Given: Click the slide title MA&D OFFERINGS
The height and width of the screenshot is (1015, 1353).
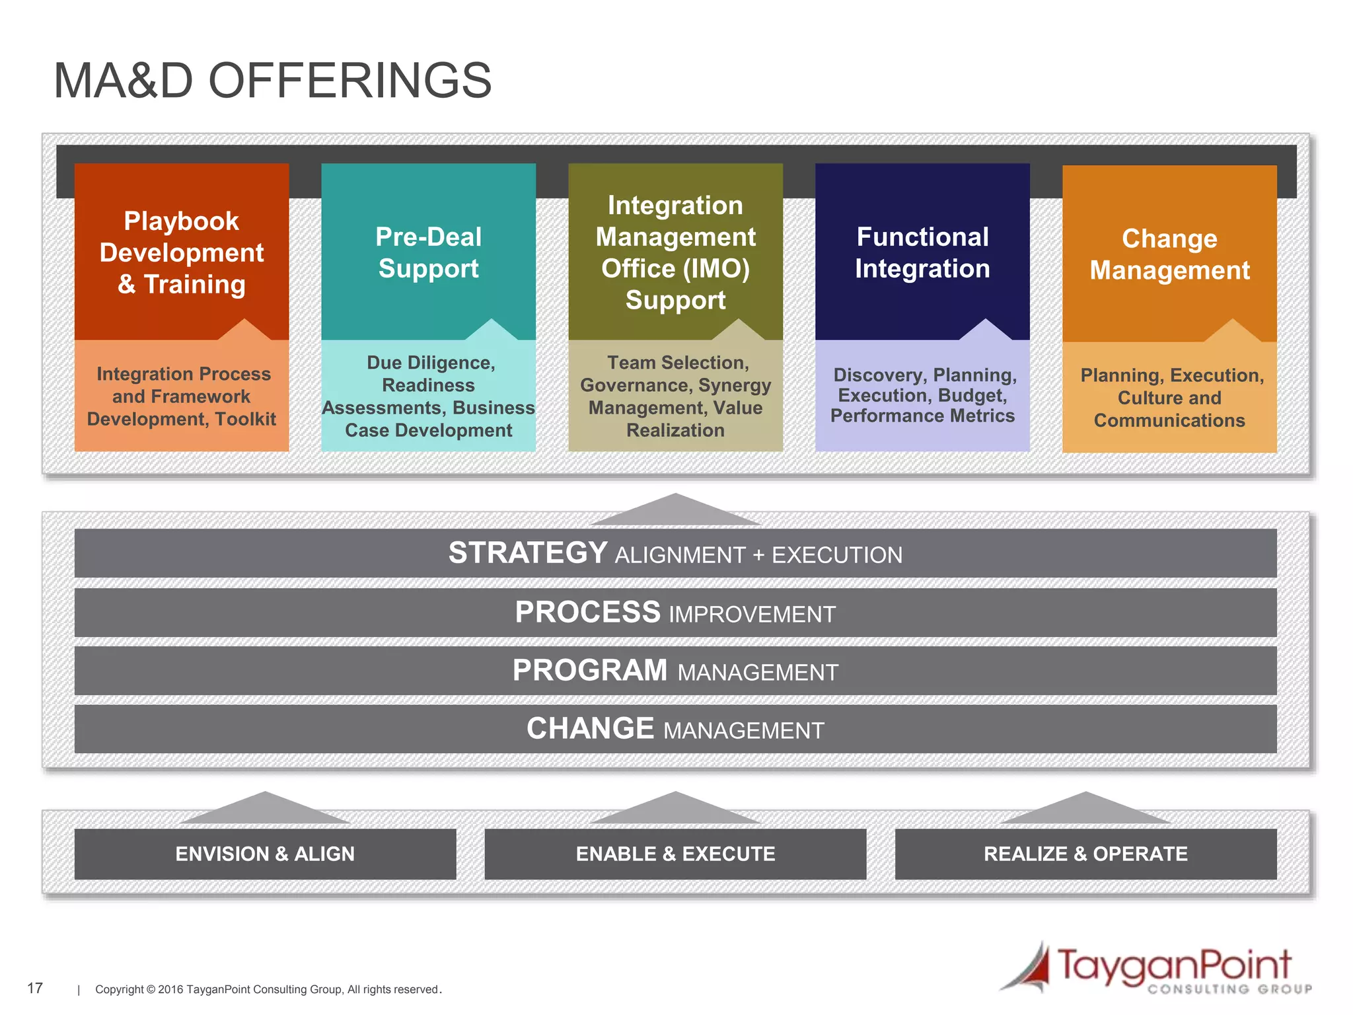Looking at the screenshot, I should [272, 81].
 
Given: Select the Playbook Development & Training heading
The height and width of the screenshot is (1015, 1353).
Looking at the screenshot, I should [182, 252].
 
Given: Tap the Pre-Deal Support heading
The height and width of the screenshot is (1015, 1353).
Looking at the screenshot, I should [428, 252].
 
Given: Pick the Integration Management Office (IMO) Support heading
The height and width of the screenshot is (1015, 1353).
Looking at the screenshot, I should [675, 252].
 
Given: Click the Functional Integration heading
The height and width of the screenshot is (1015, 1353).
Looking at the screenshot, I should [922, 252].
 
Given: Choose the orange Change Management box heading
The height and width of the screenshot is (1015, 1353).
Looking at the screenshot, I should [1169, 254].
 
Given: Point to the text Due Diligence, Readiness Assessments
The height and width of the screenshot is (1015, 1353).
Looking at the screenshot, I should [428, 396].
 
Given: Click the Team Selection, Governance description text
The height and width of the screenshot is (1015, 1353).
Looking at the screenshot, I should [675, 396].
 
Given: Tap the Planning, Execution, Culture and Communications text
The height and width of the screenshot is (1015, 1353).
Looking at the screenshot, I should [1169, 397].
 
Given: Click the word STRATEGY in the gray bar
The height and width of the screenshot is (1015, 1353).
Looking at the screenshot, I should [528, 553].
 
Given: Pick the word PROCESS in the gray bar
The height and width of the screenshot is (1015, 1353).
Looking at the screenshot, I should [587, 612].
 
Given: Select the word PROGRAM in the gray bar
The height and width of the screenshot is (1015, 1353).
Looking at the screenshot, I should [590, 670].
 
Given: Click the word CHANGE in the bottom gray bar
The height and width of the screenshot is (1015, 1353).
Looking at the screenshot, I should [590, 728].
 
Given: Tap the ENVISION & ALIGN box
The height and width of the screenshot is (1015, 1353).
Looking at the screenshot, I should [265, 854].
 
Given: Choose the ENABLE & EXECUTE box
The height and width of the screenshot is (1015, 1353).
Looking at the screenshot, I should [675, 854].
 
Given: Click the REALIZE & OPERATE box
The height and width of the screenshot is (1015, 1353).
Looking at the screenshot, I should [1085, 854].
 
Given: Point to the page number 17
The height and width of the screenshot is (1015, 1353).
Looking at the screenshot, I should [35, 988].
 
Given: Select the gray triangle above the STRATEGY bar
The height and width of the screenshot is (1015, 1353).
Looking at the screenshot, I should [675, 511].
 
